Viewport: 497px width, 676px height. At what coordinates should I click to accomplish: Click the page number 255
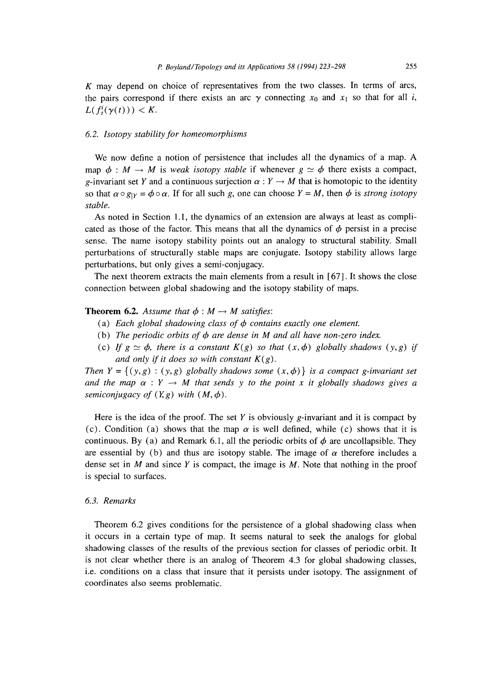tap(411, 66)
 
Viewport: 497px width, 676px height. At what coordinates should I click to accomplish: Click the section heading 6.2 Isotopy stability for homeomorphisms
tap(166, 134)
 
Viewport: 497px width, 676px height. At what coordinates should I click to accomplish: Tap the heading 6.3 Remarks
tap(110, 501)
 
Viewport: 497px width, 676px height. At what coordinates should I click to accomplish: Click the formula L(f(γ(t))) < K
tap(121, 110)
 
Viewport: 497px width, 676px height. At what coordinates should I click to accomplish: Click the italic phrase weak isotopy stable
tap(208, 170)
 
